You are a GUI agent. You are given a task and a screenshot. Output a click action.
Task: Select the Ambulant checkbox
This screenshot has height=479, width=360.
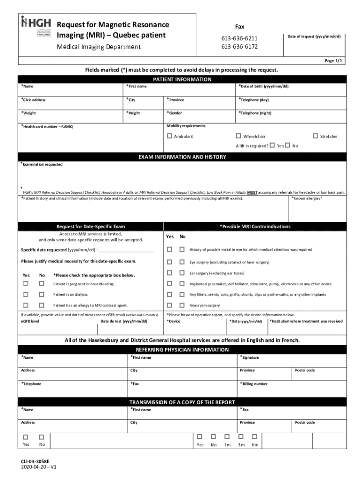pyautogui.click(x=170, y=136)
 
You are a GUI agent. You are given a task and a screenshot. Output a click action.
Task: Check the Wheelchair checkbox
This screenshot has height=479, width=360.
pyautogui.click(x=238, y=136)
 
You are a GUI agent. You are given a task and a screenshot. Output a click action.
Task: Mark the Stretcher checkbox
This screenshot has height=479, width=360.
pyautogui.click(x=315, y=136)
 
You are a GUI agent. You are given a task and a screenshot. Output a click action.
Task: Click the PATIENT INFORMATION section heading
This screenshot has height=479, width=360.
pyautogui.click(x=182, y=80)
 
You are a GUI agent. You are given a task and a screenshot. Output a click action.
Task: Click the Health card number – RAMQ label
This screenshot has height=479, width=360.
pyautogui.click(x=47, y=127)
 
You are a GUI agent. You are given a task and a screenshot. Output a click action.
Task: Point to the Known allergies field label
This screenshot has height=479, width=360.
pyautogui.click(x=307, y=198)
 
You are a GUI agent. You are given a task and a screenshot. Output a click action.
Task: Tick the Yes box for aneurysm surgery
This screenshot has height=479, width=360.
pyautogui.click(x=170, y=305)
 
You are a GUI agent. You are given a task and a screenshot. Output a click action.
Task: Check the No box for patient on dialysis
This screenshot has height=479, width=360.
pyautogui.click(x=42, y=294)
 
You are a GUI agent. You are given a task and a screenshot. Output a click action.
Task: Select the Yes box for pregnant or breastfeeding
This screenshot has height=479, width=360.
pyautogui.click(x=26, y=283)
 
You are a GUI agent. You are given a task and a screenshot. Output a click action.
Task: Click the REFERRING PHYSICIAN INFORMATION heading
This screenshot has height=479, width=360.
pyautogui.click(x=182, y=349)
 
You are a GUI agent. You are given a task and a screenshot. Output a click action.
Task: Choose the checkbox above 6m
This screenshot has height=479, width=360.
pyautogui.click(x=255, y=436)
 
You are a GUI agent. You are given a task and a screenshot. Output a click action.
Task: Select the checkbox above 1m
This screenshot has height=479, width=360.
pyautogui.click(x=227, y=436)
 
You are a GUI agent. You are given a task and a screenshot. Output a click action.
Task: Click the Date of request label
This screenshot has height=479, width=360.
pyautogui.click(x=314, y=36)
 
